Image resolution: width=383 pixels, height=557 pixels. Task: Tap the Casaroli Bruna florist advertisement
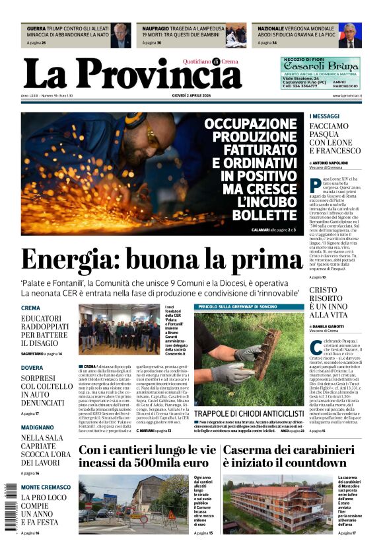(x=320, y=73)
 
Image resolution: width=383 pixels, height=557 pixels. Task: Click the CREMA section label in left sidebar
(x=30, y=308)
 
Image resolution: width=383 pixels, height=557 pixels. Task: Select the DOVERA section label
(x=32, y=367)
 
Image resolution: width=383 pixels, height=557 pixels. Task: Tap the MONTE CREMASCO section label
(x=46, y=488)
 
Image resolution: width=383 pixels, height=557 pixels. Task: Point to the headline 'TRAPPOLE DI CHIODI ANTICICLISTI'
(x=249, y=413)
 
